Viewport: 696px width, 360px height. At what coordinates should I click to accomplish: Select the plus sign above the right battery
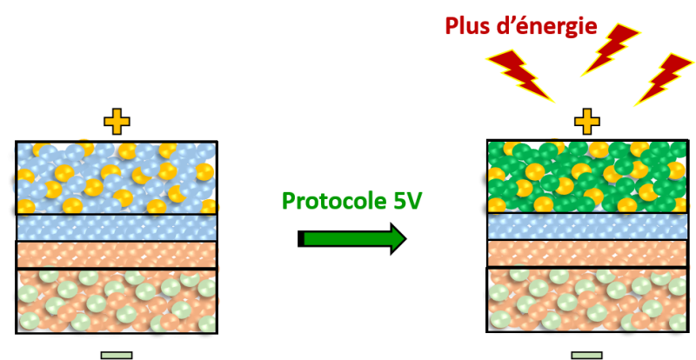[587, 122]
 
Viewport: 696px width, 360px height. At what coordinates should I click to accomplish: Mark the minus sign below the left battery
[117, 355]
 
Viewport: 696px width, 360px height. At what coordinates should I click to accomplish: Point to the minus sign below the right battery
[587, 355]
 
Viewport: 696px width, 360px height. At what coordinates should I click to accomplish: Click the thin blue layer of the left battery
[117, 227]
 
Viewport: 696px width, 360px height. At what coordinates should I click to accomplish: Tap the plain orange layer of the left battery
[117, 255]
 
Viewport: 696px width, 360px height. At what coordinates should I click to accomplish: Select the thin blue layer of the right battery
[587, 226]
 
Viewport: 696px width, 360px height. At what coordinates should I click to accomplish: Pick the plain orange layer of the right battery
[587, 253]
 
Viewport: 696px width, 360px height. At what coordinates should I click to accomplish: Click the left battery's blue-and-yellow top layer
[117, 178]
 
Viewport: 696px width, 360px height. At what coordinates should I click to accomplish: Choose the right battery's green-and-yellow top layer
[587, 177]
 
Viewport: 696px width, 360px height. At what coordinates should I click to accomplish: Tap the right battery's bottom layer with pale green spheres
[587, 300]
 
